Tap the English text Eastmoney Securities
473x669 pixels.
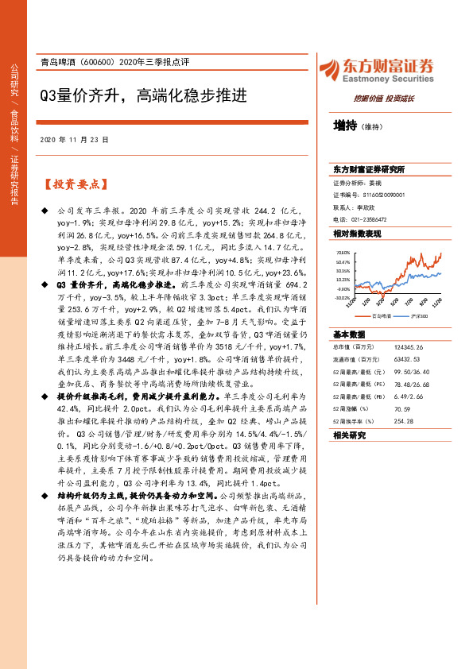(390, 79)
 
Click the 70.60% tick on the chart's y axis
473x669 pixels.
(342, 252)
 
